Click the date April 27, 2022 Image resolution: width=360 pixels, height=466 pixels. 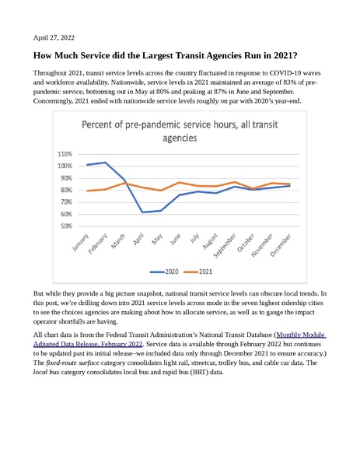click(54, 37)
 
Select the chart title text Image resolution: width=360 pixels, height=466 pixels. click(180, 131)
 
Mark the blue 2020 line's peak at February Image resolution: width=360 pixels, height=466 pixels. click(106, 163)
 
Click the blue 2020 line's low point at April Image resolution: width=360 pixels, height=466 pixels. click(142, 212)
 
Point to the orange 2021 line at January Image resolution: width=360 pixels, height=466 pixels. click(88, 191)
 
